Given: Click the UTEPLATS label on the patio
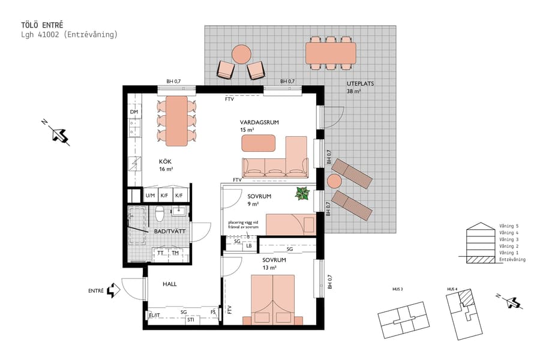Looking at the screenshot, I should [360, 84].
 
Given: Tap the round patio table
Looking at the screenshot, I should [241, 55].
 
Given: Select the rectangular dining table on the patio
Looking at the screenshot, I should [331, 53].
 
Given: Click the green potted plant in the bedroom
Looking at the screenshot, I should [302, 194].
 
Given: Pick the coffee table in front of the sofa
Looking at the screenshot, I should [259, 143].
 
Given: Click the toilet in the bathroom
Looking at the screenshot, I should [160, 214].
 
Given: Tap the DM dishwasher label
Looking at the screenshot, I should [134, 112].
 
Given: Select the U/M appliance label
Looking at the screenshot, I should [150, 196].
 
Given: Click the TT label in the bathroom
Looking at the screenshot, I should [160, 253].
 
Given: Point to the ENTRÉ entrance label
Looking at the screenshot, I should [95, 291].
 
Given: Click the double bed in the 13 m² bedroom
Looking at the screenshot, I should [274, 300].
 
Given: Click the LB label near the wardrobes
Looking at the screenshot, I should [249, 245].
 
